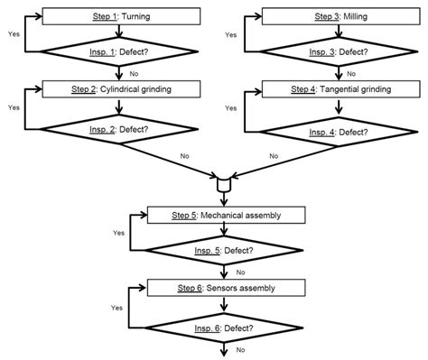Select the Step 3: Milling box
(336, 17)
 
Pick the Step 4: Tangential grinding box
(336, 89)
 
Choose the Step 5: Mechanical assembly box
(227, 216)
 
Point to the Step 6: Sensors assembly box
(227, 288)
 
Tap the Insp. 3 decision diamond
(336, 53)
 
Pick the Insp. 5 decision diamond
(227, 252)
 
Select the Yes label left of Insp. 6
(117, 307)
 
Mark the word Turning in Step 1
(138, 17)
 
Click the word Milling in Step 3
(356, 17)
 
